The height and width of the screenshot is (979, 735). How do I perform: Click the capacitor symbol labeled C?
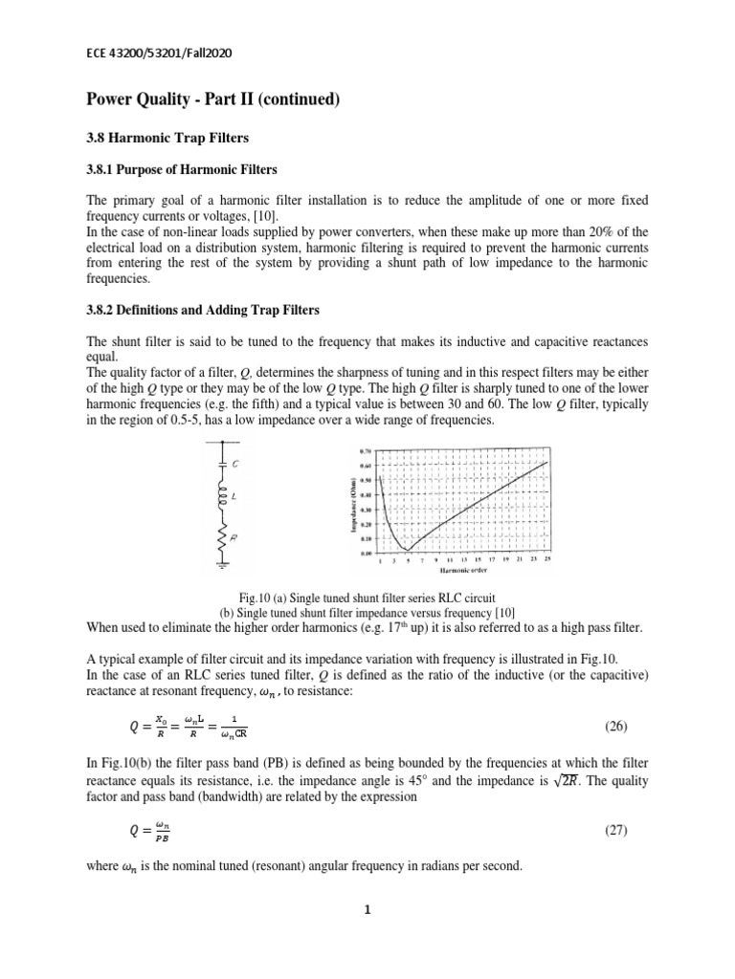[x=223, y=463]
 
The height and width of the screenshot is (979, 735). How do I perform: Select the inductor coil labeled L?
[x=223, y=498]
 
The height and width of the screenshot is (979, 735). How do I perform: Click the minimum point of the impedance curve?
[x=406, y=551]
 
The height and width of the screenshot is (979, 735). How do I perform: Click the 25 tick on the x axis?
[x=547, y=561]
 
